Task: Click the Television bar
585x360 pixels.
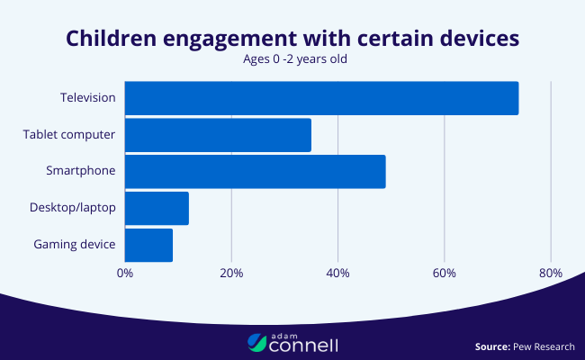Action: coord(321,98)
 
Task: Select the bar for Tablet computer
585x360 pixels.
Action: coord(218,135)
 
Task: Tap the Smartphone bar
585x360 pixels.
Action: coord(255,172)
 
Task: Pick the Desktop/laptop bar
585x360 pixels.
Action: coord(157,208)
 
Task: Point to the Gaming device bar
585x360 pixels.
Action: coord(148,245)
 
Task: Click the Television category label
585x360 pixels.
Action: coord(87,97)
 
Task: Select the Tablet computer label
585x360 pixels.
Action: coord(69,134)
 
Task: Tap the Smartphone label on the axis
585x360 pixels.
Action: coord(81,171)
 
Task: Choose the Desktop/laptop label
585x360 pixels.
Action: coord(72,208)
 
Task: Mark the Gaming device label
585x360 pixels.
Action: coord(75,245)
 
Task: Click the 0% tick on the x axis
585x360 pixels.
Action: coord(125,274)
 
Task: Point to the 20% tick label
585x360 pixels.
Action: coord(231,274)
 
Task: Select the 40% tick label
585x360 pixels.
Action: coord(337,274)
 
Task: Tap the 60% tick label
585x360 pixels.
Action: coord(444,274)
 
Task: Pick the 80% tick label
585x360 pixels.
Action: coord(550,274)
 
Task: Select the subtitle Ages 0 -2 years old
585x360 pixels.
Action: coord(292,60)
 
